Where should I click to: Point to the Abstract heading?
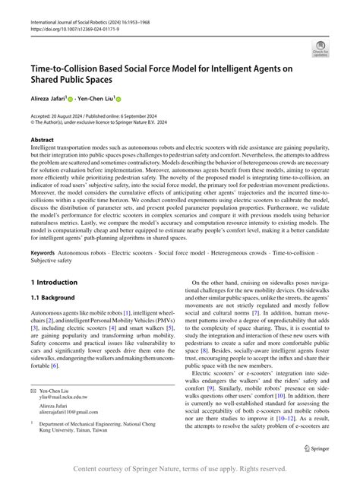point(42,141)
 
